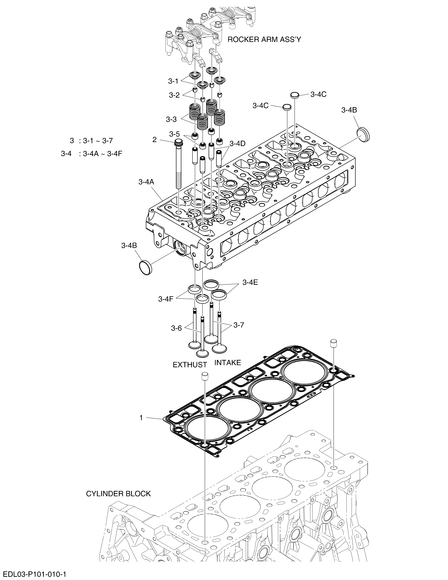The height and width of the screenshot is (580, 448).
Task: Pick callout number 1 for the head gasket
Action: pyautogui.click(x=141, y=418)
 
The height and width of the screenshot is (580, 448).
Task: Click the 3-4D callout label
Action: pyautogui.click(x=237, y=143)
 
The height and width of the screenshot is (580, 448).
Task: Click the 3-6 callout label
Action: pyautogui.click(x=177, y=328)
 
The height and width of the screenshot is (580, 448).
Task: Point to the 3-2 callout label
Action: pyautogui.click(x=174, y=95)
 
